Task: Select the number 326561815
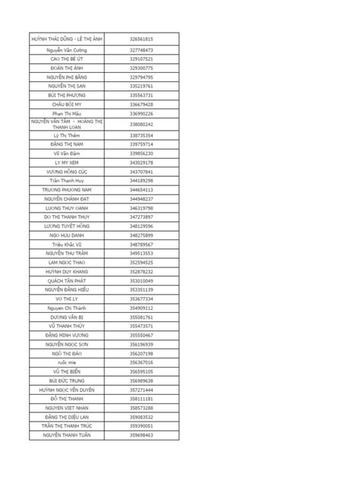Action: tap(141, 38)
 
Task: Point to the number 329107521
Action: tap(141, 58)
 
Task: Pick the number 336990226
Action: tap(141, 113)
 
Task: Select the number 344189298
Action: tap(141, 180)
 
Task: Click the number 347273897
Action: tap(141, 216)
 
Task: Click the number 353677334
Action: tap(141, 298)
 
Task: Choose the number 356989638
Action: tap(141, 381)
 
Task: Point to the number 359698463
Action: tap(141, 435)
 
